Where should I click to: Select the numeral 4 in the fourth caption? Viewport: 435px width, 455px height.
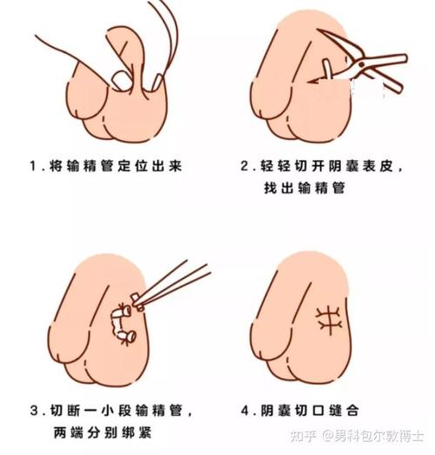247,410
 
